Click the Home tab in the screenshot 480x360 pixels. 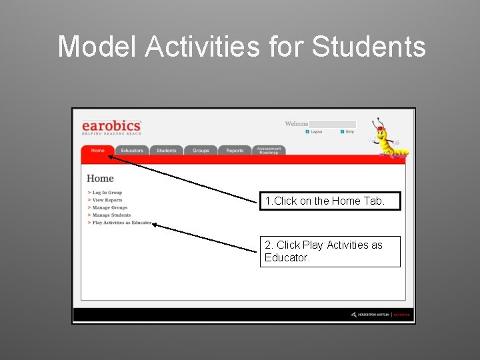coord(98,151)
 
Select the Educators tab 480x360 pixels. coord(132,151)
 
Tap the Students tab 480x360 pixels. coord(167,151)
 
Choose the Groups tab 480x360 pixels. coord(201,151)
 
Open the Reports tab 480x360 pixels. coord(235,151)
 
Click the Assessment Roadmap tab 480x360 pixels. coord(269,151)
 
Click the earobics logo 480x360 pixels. coord(111,126)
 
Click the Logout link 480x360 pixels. coord(315,132)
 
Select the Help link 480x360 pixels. coord(349,132)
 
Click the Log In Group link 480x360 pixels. coord(107,193)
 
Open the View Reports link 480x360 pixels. coord(107,200)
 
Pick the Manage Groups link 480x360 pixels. coord(109,208)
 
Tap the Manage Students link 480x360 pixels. coord(111,215)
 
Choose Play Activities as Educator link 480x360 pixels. coord(121,223)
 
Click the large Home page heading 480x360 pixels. coord(100,179)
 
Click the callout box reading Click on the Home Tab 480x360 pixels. coord(330,201)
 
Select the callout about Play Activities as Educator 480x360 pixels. coord(330,251)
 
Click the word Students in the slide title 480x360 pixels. coord(369,47)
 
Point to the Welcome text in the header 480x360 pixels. coord(296,123)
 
